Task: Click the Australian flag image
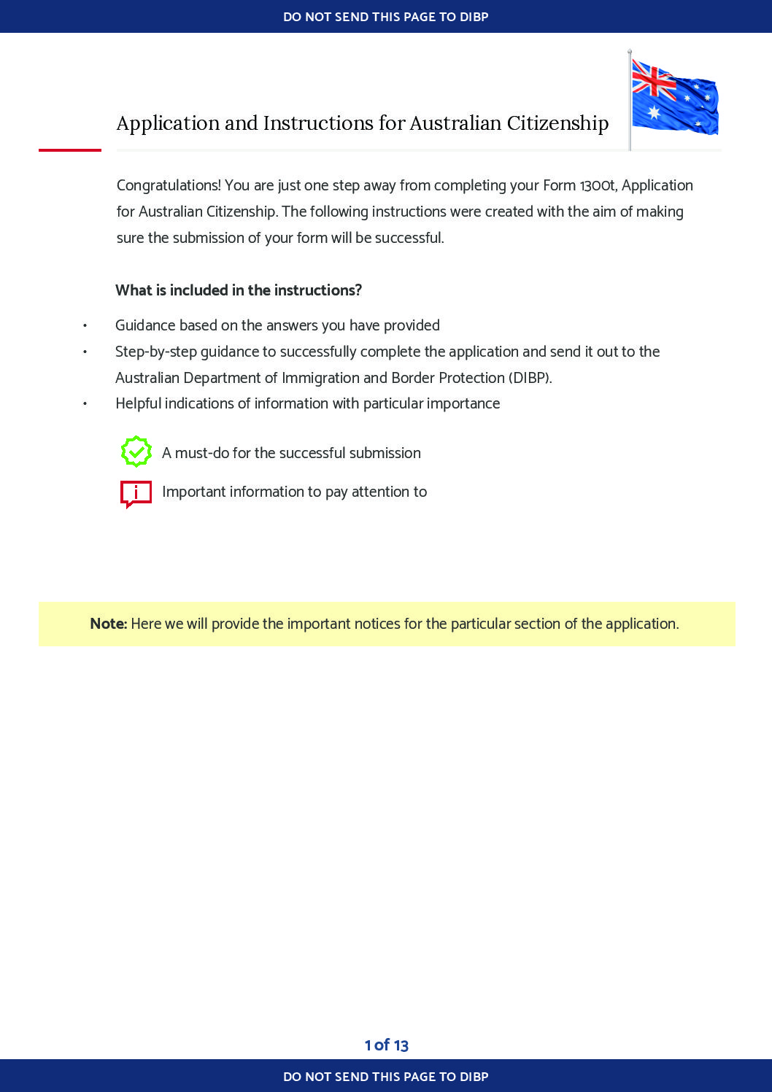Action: click(x=674, y=98)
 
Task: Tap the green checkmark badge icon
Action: click(x=136, y=452)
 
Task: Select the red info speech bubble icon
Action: click(x=136, y=493)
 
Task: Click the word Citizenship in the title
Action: click(x=557, y=123)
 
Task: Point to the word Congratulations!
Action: click(x=169, y=185)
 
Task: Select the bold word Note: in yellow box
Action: click(x=109, y=624)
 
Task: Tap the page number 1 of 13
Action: click(x=386, y=1045)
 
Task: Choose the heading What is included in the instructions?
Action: click(x=239, y=290)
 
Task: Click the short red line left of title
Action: click(x=70, y=150)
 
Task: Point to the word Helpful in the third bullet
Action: click(x=138, y=403)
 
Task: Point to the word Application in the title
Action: click(x=168, y=123)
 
